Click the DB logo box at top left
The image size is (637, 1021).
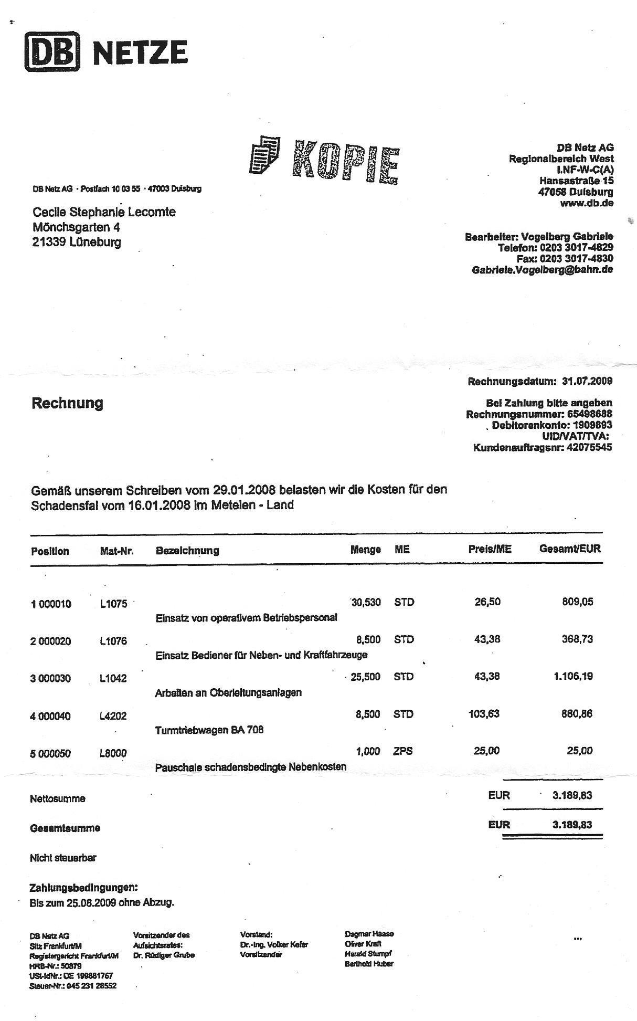pos(52,51)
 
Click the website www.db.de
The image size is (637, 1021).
pos(587,203)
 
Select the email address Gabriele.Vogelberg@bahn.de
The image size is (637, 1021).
pos(542,270)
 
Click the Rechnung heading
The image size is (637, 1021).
pos(67,403)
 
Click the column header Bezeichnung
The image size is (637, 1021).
pos(187,551)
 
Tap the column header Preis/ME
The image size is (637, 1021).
pos(490,549)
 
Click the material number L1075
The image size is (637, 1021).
pos(114,604)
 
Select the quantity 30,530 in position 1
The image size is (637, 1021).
pos(366,602)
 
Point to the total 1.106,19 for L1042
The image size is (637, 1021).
pos(573,676)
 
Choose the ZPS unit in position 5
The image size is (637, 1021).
pos(403,751)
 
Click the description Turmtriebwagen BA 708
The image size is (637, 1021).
pos(209,730)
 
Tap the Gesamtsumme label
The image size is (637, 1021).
pos(65,828)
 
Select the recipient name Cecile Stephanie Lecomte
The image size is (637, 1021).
pos(104,212)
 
